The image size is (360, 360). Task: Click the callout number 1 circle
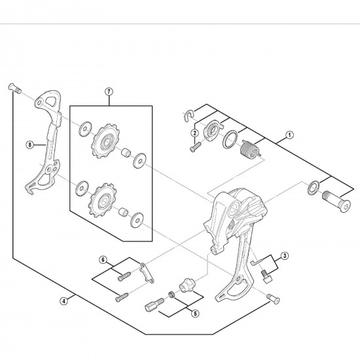(289, 138)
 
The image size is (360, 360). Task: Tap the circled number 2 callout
(194, 133)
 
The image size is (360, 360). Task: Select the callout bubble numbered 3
(285, 256)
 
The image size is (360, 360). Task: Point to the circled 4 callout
(63, 301)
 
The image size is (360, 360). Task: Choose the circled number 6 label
(103, 260)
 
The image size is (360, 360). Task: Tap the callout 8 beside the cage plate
(29, 145)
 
